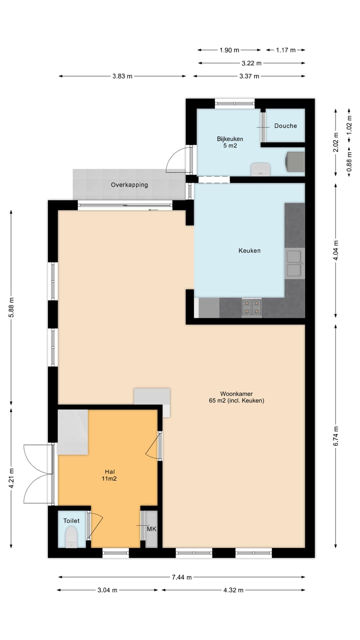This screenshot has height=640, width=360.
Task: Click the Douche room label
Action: pyautogui.click(x=285, y=126)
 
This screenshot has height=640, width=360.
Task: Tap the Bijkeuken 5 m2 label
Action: pyautogui.click(x=226, y=142)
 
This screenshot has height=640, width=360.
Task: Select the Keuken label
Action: pyautogui.click(x=249, y=250)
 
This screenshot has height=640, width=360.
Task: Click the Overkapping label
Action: pyautogui.click(x=129, y=185)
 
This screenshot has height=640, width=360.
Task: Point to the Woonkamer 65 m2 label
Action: pyautogui.click(x=236, y=397)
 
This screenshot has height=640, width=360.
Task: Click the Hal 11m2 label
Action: pyautogui.click(x=110, y=475)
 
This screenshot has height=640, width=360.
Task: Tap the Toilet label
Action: pyautogui.click(x=71, y=521)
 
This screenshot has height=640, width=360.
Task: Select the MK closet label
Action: pyautogui.click(x=151, y=528)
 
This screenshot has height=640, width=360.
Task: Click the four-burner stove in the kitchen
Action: pyautogui.click(x=251, y=307)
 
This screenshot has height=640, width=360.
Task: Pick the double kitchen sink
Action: pyautogui.click(x=293, y=263)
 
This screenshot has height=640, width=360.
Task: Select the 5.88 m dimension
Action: pyautogui.click(x=11, y=303)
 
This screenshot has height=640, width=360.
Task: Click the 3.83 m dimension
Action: pyautogui.click(x=122, y=76)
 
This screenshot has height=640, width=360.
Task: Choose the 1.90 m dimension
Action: pyautogui.click(x=229, y=50)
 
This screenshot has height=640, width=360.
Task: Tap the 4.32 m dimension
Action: pyautogui.click(x=233, y=590)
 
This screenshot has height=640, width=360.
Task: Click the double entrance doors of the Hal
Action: pyautogui.click(x=38, y=474)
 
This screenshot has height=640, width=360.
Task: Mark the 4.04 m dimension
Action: pyautogui.click(x=335, y=250)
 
